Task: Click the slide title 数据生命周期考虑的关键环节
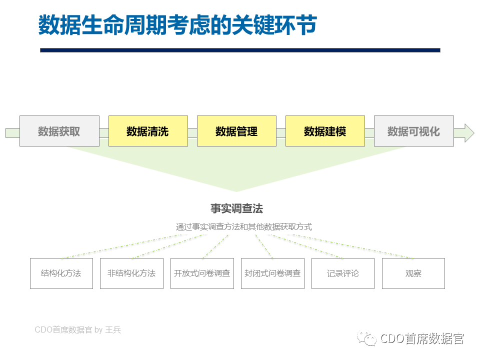pyautogui.click(x=177, y=25)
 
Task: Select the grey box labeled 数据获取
pyautogui.click(x=59, y=131)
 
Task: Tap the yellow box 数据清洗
pyautogui.click(x=148, y=131)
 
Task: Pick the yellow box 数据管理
pyautogui.click(x=236, y=131)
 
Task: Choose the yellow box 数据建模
pyautogui.click(x=325, y=131)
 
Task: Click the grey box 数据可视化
pyautogui.click(x=414, y=131)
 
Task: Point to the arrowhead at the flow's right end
pyautogui.click(x=469, y=133)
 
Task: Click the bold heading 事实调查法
pyautogui.click(x=236, y=208)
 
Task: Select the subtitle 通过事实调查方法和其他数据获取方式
pyautogui.click(x=243, y=227)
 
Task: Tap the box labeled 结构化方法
pyautogui.click(x=61, y=273)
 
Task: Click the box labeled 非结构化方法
pyautogui.click(x=131, y=273)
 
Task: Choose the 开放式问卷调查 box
pyautogui.click(x=202, y=273)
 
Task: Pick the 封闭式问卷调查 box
pyautogui.click(x=273, y=273)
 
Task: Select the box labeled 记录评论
pyautogui.click(x=343, y=273)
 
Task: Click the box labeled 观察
pyautogui.click(x=413, y=273)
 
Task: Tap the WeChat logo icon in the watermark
pyautogui.click(x=366, y=338)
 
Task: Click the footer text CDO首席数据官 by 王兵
pyautogui.click(x=78, y=329)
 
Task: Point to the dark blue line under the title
pyautogui.click(x=240, y=50)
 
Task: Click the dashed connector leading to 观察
pyautogui.click(x=352, y=246)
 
